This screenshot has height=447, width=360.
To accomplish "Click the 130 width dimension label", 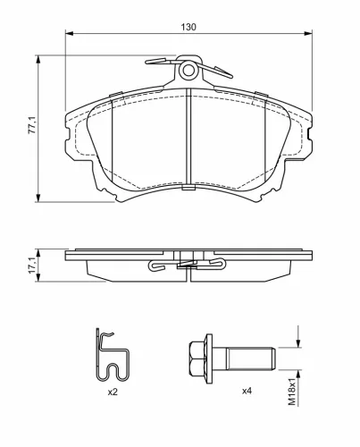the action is (x=188, y=27).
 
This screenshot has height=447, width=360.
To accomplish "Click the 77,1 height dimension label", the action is (x=32, y=125).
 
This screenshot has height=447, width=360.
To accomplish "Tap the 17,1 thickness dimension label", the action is (x=32, y=266).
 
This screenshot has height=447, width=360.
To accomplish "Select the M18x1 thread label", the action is (x=292, y=392).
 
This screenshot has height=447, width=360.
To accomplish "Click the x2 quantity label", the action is (x=113, y=392).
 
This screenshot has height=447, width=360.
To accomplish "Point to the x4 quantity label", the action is (x=247, y=391).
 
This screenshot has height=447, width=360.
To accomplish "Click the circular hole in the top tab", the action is (x=188, y=71).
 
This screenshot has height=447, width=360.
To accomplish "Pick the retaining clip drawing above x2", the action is (x=113, y=355).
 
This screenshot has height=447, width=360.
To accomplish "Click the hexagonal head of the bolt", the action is (x=197, y=358).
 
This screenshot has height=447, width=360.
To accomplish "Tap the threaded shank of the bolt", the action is (x=251, y=358).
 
